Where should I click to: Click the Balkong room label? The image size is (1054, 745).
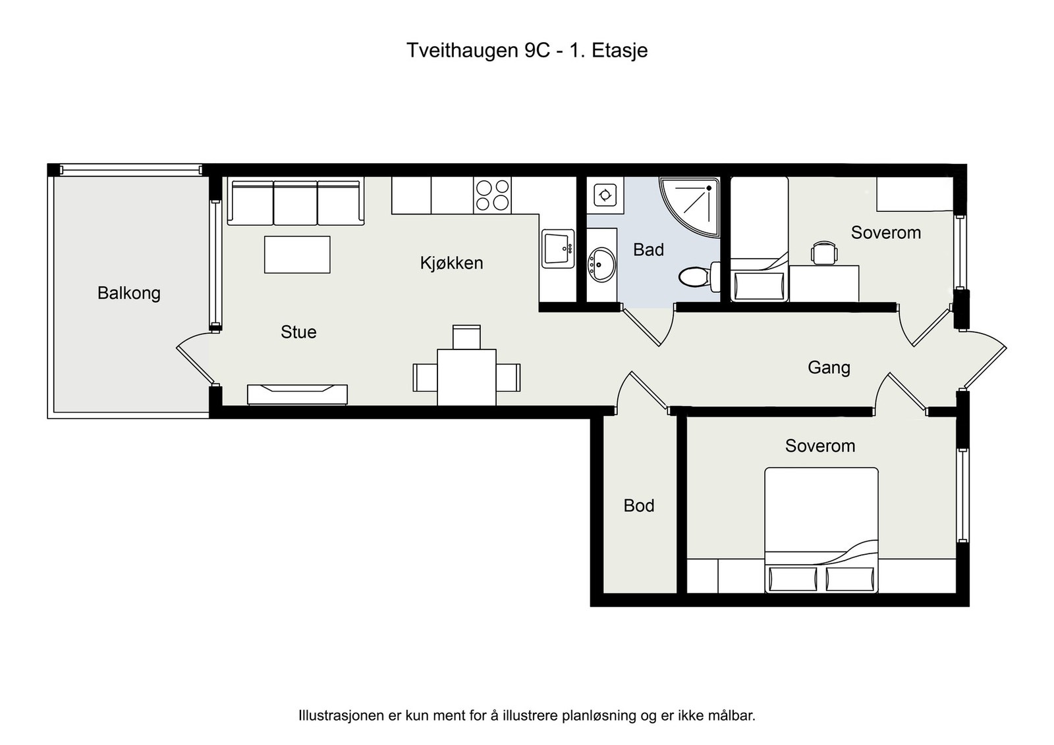click(x=129, y=294)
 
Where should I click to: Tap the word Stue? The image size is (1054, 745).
click(x=298, y=332)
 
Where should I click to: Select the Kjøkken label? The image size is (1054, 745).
click(x=451, y=263)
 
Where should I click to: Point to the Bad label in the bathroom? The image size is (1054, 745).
click(x=648, y=249)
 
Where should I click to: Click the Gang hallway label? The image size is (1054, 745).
click(x=829, y=368)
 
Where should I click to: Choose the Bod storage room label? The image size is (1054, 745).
click(x=638, y=505)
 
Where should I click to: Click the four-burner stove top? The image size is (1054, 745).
click(x=492, y=195)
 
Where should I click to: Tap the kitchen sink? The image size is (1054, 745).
click(x=557, y=248)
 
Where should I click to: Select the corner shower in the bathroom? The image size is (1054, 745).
click(x=689, y=207)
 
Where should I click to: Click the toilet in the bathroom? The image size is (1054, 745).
click(x=699, y=276)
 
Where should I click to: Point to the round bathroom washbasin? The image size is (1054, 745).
click(x=601, y=265)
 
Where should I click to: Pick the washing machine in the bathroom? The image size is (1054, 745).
click(x=605, y=195)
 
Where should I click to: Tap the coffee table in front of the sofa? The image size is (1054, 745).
click(x=297, y=254)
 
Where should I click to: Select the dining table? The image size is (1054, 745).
click(x=466, y=377)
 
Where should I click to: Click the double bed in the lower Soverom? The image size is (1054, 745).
click(x=821, y=530)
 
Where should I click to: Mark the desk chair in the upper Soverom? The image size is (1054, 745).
click(x=824, y=253)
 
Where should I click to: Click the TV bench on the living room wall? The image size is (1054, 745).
click(x=297, y=394)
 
